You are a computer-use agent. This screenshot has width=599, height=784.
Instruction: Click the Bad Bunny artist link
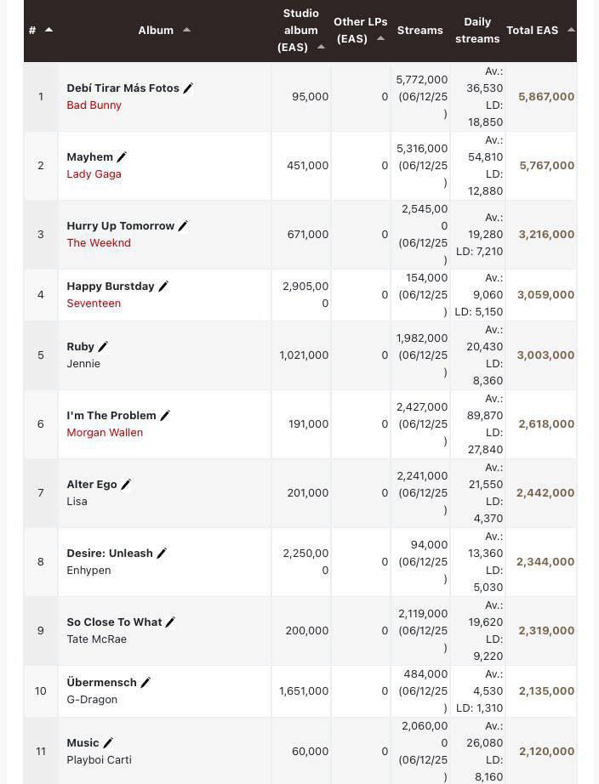(x=94, y=105)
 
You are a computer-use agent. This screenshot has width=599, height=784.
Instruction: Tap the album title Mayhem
(x=90, y=157)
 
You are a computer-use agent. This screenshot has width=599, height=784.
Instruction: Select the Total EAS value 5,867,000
(x=546, y=96)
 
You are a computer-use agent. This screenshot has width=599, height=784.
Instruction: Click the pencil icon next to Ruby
(x=103, y=346)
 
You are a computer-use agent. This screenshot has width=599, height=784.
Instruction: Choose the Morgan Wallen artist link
(x=105, y=433)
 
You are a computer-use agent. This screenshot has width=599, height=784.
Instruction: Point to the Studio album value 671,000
(x=308, y=235)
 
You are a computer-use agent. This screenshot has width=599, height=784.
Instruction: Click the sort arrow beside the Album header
(x=186, y=30)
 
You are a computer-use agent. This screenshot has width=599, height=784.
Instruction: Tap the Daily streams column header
(x=477, y=30)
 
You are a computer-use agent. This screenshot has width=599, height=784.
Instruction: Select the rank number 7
(x=41, y=493)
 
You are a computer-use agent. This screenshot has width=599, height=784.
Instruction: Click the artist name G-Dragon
(x=92, y=700)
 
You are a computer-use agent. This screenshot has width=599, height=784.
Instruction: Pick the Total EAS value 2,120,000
(x=546, y=752)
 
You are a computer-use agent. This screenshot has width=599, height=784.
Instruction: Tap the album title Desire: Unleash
(x=110, y=554)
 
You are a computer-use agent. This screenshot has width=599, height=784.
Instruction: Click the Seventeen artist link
(x=94, y=304)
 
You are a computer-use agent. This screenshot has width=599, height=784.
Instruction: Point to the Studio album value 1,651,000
(x=304, y=691)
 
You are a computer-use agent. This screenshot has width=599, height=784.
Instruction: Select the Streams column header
(x=419, y=30)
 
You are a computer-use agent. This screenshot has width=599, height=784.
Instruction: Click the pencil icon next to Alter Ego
(x=126, y=485)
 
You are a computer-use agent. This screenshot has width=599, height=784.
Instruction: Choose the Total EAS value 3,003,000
(x=545, y=355)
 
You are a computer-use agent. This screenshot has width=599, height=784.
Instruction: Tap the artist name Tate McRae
(x=97, y=639)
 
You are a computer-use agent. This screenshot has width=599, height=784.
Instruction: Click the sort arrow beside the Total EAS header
(x=571, y=30)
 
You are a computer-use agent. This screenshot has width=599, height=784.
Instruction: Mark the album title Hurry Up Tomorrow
(x=121, y=226)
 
